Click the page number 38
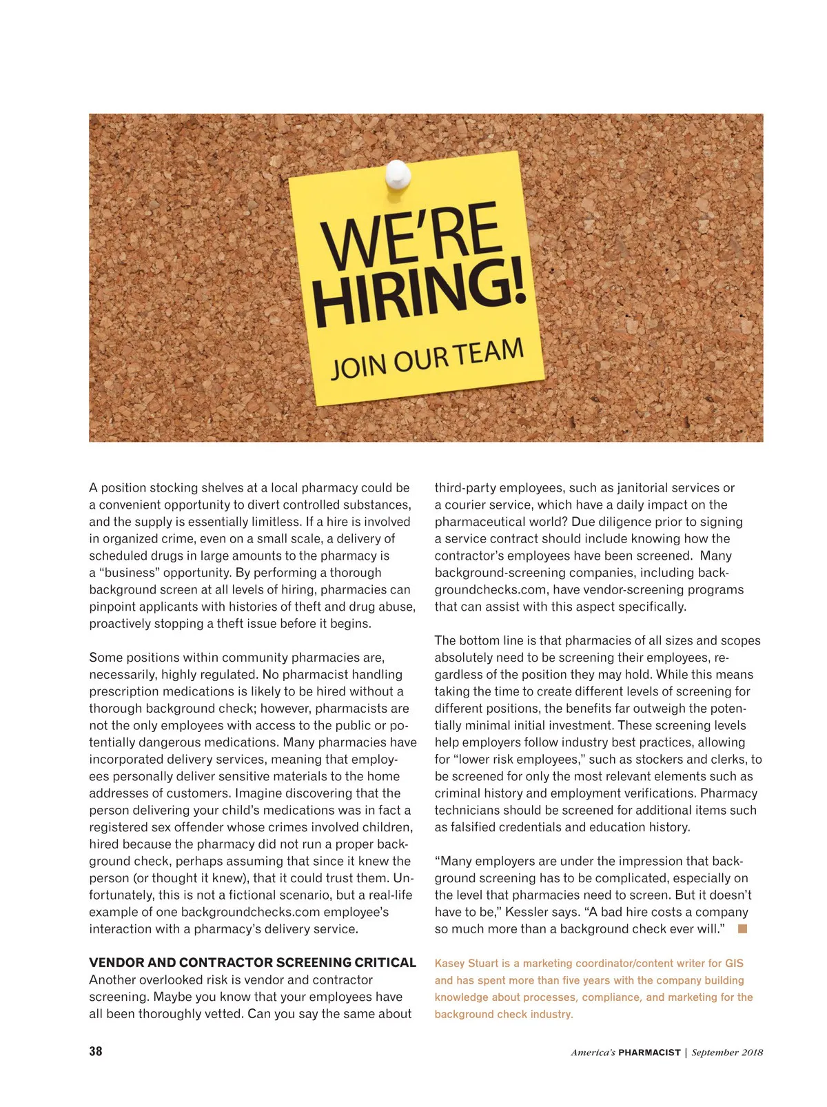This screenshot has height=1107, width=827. point(96,1051)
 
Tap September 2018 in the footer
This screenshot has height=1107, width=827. point(727,1053)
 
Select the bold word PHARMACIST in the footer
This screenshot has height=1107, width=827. point(649,1053)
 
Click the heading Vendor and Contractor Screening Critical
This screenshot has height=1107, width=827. point(252,963)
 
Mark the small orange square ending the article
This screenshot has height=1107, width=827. point(742,928)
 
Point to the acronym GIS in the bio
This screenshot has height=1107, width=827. point(734,964)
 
